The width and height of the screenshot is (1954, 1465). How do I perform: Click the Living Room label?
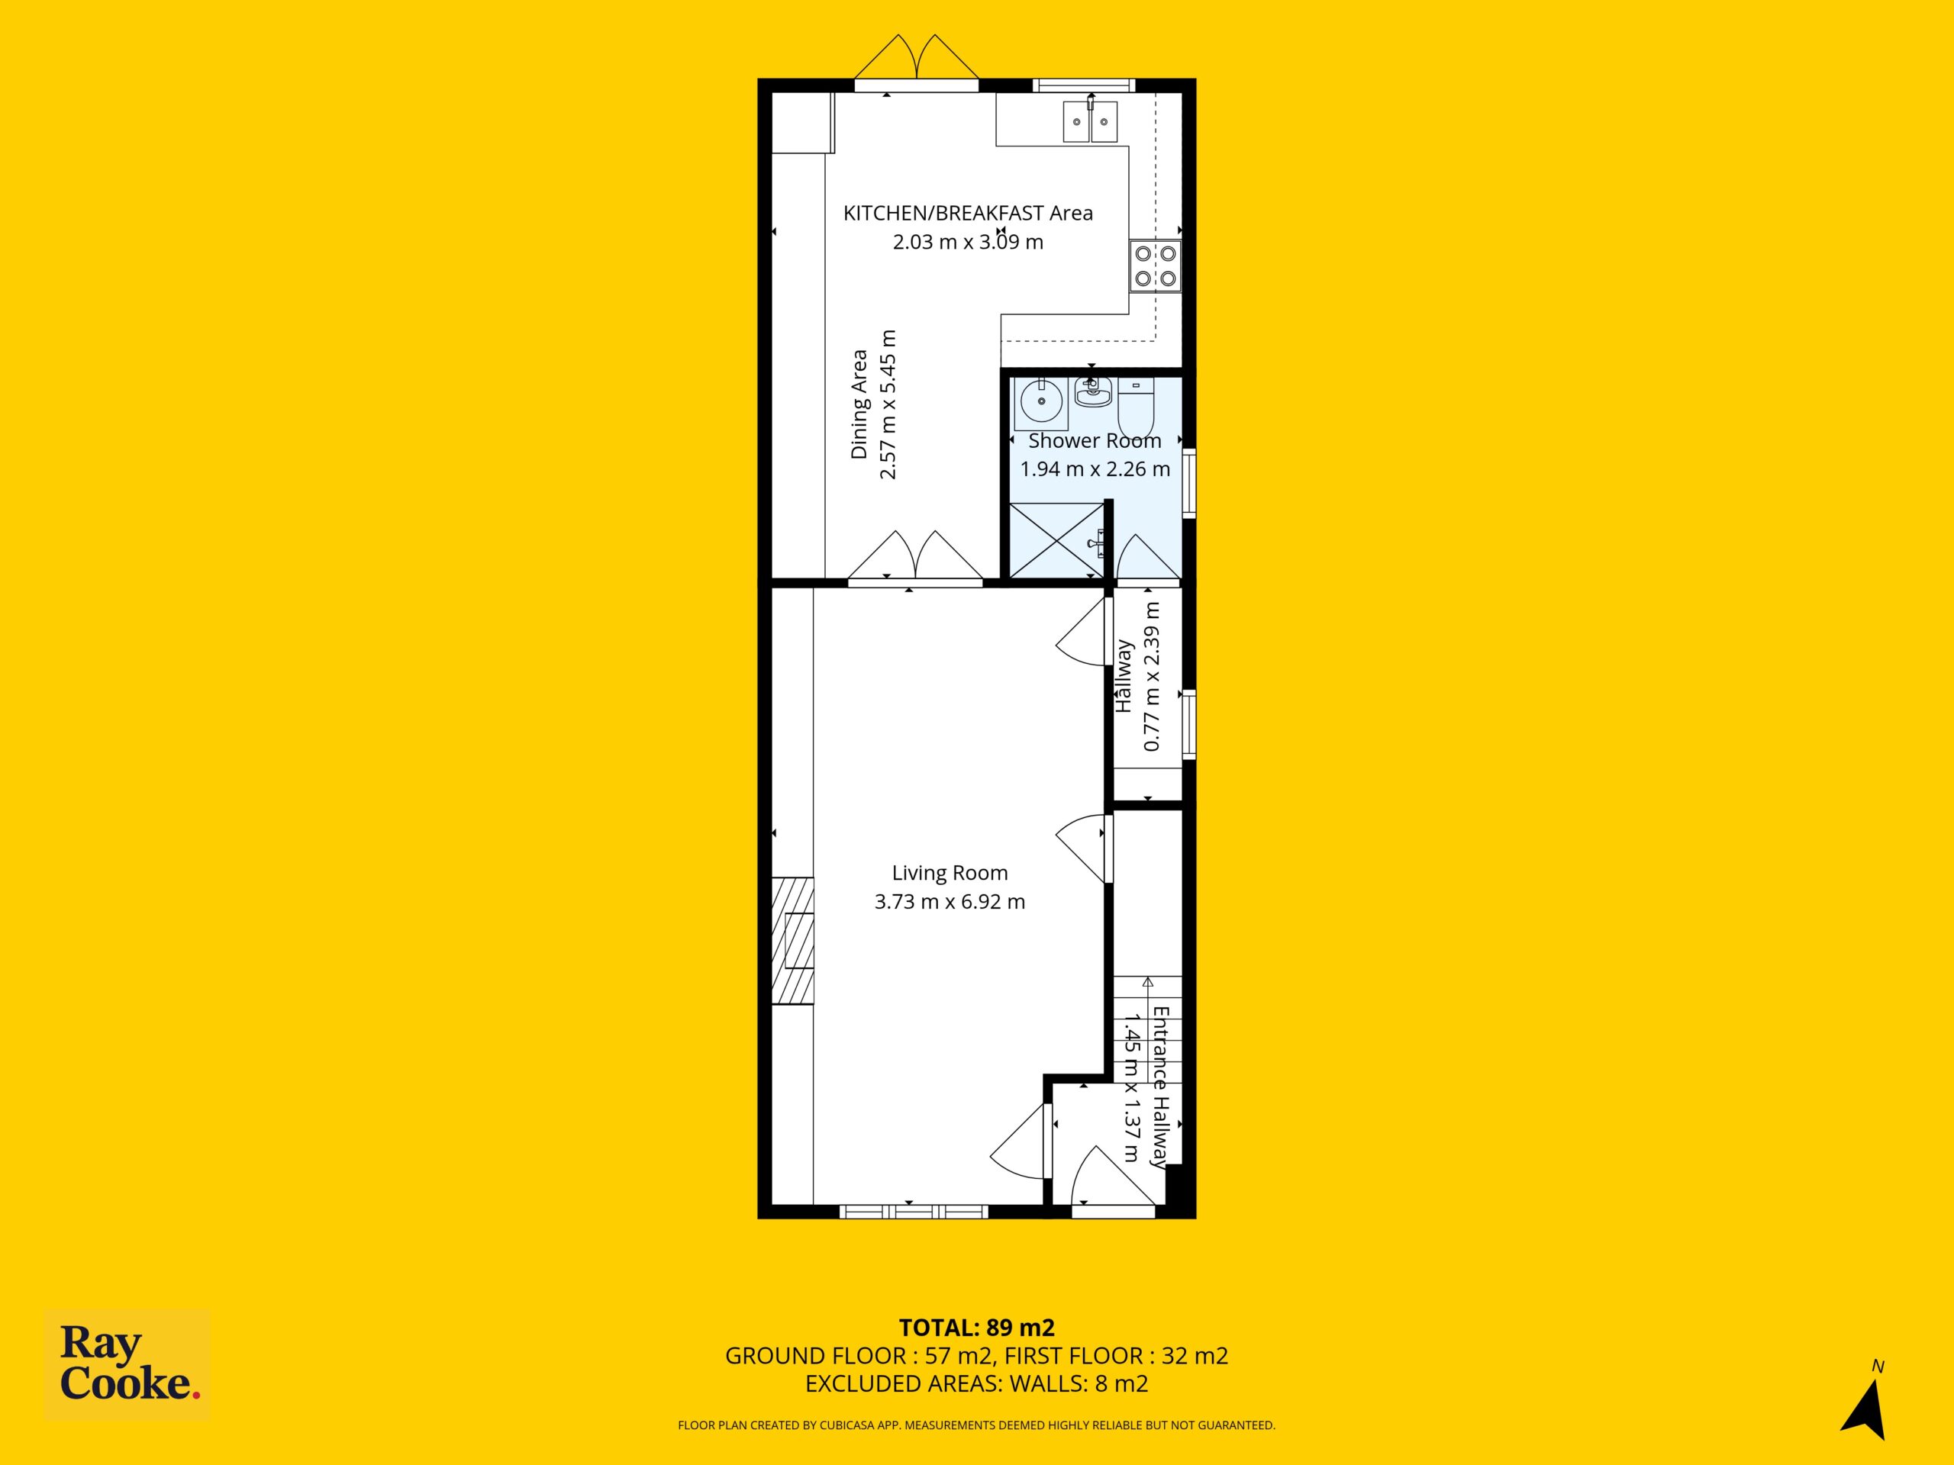point(950,874)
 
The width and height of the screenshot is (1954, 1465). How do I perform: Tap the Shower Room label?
point(1095,441)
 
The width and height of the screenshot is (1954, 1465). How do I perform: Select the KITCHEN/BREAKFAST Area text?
point(968,213)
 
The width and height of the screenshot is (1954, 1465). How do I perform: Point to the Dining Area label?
point(859,405)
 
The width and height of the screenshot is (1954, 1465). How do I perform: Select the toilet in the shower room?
point(1136,407)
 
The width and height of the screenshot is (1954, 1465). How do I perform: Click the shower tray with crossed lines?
point(1056,541)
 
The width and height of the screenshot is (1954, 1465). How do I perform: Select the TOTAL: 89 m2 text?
point(977,1327)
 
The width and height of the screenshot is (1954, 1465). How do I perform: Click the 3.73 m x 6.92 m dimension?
point(950,902)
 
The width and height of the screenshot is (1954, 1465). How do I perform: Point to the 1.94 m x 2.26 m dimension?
point(1095,469)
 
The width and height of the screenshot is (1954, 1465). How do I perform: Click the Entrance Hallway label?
point(1160,1087)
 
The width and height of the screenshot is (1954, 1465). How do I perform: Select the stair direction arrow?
point(1149,991)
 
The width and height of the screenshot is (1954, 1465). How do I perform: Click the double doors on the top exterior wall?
point(917,60)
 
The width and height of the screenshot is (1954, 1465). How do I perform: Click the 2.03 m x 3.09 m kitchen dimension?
point(968,241)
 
